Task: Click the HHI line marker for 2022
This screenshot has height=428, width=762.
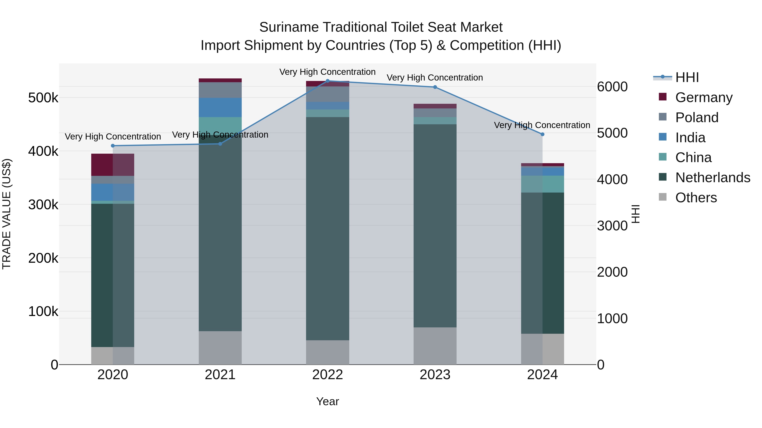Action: coord(327,81)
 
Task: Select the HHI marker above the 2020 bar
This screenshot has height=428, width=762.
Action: coord(113,146)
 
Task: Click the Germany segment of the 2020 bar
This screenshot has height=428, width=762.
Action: coord(113,165)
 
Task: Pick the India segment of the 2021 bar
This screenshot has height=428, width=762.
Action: coord(220,108)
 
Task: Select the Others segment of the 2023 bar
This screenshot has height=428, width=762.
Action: coord(435,346)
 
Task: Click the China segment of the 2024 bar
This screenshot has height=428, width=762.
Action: coord(542,184)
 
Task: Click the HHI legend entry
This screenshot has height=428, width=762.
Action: coord(687,77)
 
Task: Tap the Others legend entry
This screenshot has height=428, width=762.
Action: coord(696,198)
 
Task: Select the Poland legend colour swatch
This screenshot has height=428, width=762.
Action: coord(663,117)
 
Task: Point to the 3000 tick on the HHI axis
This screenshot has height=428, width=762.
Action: coord(612,226)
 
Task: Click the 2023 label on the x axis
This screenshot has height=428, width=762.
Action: coord(435,375)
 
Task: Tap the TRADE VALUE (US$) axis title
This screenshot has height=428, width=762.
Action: coord(7,214)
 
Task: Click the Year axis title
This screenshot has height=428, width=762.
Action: coord(327,401)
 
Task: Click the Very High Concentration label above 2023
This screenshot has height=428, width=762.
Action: coord(435,78)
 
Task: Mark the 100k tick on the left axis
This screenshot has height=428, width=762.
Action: coord(43,311)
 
